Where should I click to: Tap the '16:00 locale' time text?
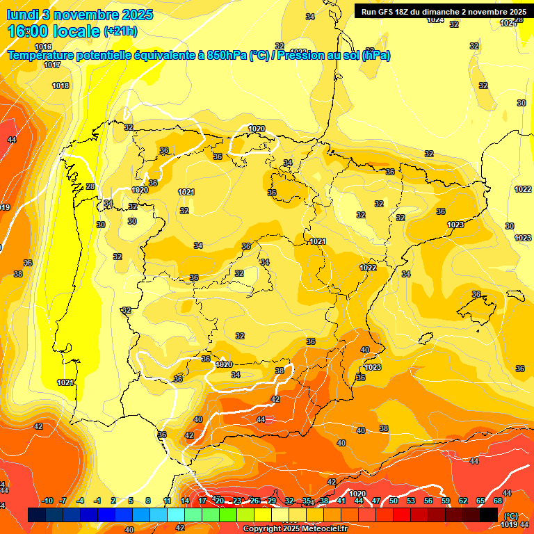pyautogui.click(x=53, y=31)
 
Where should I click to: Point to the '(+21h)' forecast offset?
pyautogui.click(x=120, y=31)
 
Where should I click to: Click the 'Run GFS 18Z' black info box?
pyautogui.click(x=443, y=11)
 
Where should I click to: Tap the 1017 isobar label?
pyautogui.click(x=51, y=65)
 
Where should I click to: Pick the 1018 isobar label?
pyautogui.click(x=60, y=86)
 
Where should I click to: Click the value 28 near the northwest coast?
pyautogui.click(x=90, y=186)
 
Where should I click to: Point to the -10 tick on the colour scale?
pyautogui.click(x=47, y=501)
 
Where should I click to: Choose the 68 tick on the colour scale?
pyautogui.click(x=498, y=501)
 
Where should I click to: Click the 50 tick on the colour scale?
pyautogui.click(x=394, y=501)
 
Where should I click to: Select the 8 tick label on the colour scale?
pyautogui.click(x=148, y=501)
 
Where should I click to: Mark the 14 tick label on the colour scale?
pyautogui.click(x=185, y=501)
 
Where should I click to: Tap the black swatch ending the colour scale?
pyautogui.click(x=489, y=515)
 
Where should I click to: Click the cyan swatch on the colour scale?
pyautogui.click(x=176, y=515)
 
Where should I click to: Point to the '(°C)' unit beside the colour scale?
pyautogui.click(x=510, y=515)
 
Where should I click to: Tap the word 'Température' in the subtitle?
pyautogui.click(x=43, y=56)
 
